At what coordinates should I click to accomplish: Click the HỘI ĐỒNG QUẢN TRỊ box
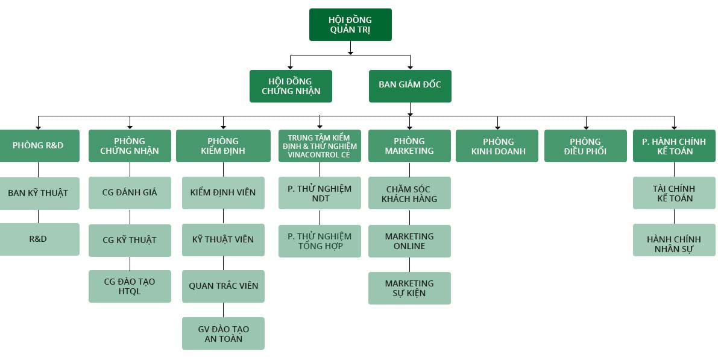350,25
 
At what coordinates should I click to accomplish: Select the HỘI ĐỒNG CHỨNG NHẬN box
291,86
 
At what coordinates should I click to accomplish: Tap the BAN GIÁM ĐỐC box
410,86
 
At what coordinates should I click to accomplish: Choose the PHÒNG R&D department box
39,146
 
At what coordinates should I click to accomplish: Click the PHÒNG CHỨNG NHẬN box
130,146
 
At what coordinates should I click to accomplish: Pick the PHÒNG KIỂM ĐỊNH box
223,146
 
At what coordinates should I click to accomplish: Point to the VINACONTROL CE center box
320,146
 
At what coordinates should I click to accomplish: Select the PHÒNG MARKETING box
409,146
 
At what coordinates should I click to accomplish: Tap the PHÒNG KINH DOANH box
497,146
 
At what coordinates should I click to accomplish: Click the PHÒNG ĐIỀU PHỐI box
585,146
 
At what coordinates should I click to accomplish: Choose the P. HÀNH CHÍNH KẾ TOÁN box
674,146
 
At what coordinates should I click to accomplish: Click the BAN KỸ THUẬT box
39,194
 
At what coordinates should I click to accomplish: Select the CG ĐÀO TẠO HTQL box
130,286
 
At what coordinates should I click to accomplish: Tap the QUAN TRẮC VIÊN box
223,286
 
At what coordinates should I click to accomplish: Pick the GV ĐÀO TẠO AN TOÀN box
223,333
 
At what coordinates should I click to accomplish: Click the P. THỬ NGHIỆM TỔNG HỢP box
320,241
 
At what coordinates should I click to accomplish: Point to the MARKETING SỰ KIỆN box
409,288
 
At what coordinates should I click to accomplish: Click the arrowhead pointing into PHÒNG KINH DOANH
498,127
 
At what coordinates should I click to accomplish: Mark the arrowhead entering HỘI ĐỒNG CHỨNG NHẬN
291,68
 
